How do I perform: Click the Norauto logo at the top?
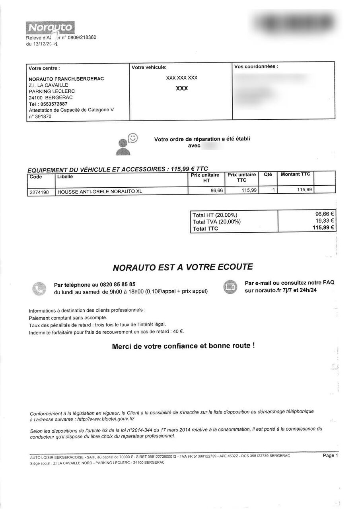(x=50, y=27)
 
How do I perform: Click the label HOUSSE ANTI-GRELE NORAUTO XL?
(x=99, y=192)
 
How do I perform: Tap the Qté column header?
(x=268, y=174)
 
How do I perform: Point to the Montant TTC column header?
(x=295, y=174)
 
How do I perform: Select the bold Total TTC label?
(x=205, y=229)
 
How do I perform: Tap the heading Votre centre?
(x=44, y=68)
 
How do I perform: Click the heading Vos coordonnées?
(x=256, y=66)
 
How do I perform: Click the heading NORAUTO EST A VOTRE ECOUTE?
(x=183, y=267)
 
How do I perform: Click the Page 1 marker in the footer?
(x=330, y=456)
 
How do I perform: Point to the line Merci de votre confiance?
(x=183, y=346)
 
